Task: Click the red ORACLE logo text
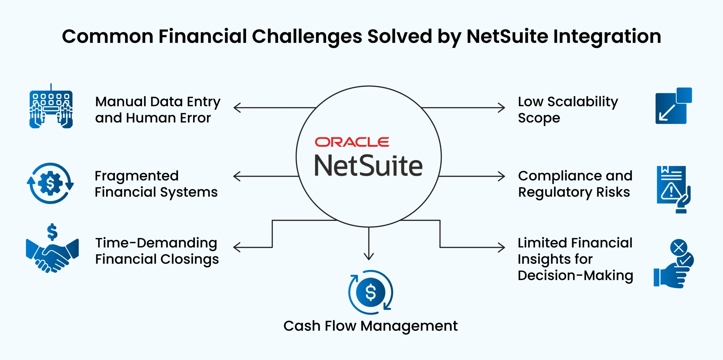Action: coord(352,142)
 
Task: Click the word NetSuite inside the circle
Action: coord(368,166)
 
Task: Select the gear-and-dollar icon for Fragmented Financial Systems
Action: coord(50,183)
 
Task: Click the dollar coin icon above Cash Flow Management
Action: coord(371,292)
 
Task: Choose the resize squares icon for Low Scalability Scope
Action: coord(674,106)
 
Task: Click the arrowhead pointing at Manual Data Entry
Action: coord(237,108)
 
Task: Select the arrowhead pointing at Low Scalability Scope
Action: coord(502,108)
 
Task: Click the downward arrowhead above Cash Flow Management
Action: coord(369,256)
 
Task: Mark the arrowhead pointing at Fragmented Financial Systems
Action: coord(236,176)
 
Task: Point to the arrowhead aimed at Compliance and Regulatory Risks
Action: coord(502,176)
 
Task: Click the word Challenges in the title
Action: coord(307,37)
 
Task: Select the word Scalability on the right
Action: coord(582,102)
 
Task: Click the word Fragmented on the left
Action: coord(137,176)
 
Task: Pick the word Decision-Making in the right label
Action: coord(575,275)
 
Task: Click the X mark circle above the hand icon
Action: coord(679,248)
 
